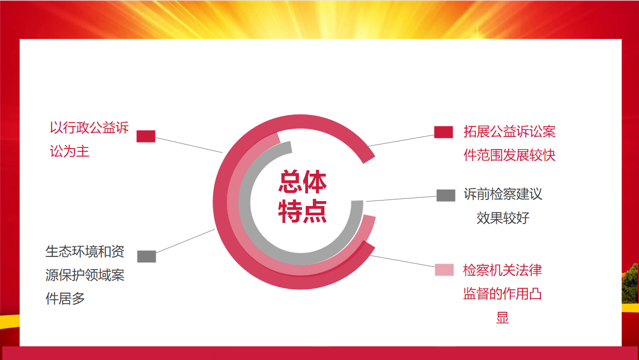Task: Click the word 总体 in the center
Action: click(303, 182)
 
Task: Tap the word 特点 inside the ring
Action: click(303, 212)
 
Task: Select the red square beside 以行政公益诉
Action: click(146, 136)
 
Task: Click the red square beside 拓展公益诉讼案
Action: click(443, 132)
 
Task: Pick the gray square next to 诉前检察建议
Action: click(446, 195)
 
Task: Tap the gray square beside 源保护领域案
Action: click(146, 256)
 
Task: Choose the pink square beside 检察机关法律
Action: click(444, 270)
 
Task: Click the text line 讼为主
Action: click(70, 151)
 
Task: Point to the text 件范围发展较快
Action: click(510, 155)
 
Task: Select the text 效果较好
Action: click(503, 218)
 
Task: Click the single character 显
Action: click(503, 317)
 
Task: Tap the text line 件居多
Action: click(65, 299)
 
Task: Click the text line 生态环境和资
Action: click(85, 252)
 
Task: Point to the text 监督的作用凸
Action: click(503, 294)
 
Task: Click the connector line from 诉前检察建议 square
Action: click(401, 199)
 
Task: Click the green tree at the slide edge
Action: click(630, 283)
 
